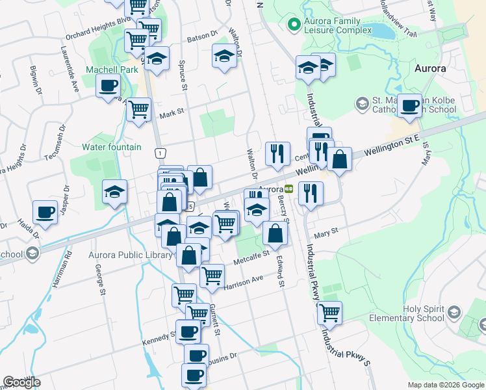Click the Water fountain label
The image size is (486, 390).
click(x=112, y=147)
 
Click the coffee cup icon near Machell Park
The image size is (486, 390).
click(x=109, y=85)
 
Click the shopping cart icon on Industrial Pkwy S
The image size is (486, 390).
click(x=329, y=312)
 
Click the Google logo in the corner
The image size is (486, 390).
click(x=21, y=383)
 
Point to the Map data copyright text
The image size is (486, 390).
click(x=445, y=385)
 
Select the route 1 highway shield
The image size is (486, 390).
click(x=159, y=153)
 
